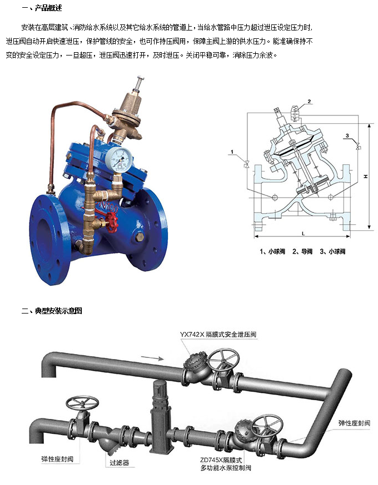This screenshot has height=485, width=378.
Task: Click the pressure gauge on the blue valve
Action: pos(118,160)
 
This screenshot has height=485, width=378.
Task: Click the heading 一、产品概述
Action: pos(42,8)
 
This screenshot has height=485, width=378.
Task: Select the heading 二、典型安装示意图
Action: pos(52,311)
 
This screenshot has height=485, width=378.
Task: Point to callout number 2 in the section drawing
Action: pos(309,102)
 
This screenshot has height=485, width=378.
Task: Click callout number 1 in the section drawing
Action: pos(232,151)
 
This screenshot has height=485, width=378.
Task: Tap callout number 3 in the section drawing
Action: pos(347,135)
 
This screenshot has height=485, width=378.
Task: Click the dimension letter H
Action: pos(366,176)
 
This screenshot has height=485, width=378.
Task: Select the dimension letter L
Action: pos(303,234)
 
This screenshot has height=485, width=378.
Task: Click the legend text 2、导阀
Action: pos(302,251)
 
